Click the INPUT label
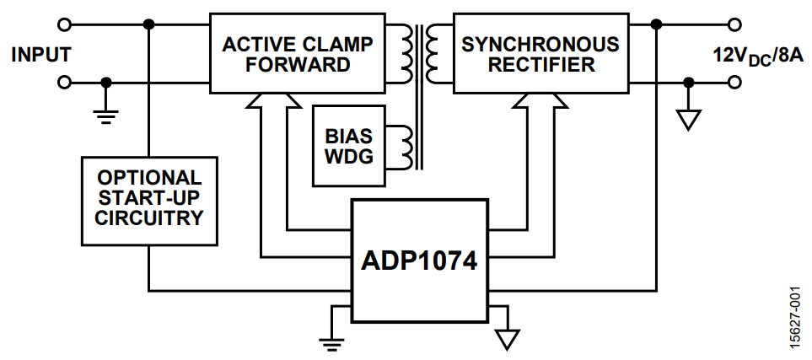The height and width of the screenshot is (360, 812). tap(40, 55)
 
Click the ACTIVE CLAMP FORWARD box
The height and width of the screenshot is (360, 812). tap(298, 53)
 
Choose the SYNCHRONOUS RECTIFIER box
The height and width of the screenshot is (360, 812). tap(540, 53)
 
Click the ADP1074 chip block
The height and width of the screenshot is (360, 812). tap(419, 259)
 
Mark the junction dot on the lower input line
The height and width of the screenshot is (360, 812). tap(105, 83)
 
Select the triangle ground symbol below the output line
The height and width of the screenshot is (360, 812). tap(689, 120)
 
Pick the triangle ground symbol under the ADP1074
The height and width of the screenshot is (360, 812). tap(506, 338)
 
